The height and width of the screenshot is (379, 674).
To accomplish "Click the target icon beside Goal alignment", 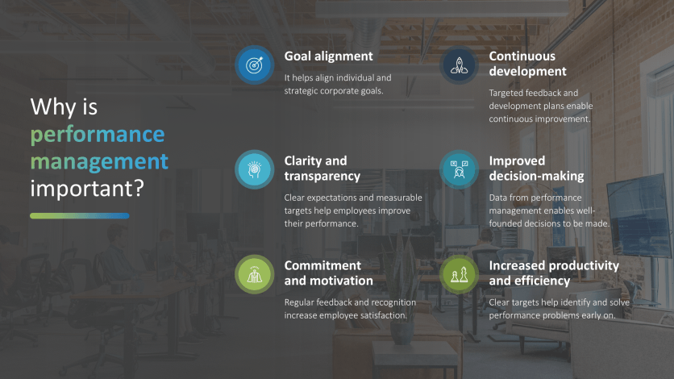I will [x=255, y=65].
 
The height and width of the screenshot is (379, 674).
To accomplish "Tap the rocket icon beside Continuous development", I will [x=460, y=65].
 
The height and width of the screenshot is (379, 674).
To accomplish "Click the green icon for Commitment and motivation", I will [x=255, y=274].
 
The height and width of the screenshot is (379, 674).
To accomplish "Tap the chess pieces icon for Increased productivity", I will [x=460, y=274].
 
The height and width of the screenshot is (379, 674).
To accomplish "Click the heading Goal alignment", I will [x=328, y=56].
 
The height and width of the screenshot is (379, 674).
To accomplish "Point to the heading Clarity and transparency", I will [x=322, y=169].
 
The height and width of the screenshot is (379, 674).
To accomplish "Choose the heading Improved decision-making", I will [x=536, y=169].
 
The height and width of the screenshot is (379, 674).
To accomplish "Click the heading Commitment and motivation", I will [x=328, y=273].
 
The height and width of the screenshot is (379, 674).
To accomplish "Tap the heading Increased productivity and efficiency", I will [x=554, y=273].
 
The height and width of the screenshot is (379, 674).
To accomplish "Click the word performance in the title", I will [x=98, y=134].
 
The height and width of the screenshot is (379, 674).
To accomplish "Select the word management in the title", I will [x=99, y=161].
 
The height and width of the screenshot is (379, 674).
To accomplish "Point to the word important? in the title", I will [x=87, y=189].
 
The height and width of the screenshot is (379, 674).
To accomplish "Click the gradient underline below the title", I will [x=79, y=216].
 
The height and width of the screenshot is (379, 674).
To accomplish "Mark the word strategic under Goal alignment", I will [x=303, y=90].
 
